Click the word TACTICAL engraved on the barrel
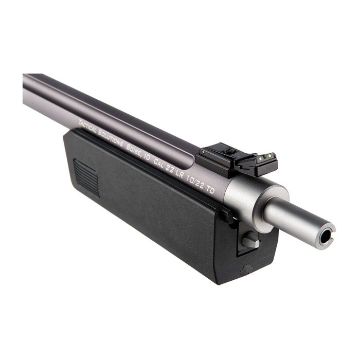[x=87, y=127]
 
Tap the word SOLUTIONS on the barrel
[x=111, y=139]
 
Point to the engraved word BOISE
[x=133, y=150]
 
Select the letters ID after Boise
[x=146, y=157]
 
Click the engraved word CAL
[x=158, y=164]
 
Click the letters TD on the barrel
[x=210, y=190]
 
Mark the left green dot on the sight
[x=260, y=158]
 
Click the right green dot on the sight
[x=270, y=156]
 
